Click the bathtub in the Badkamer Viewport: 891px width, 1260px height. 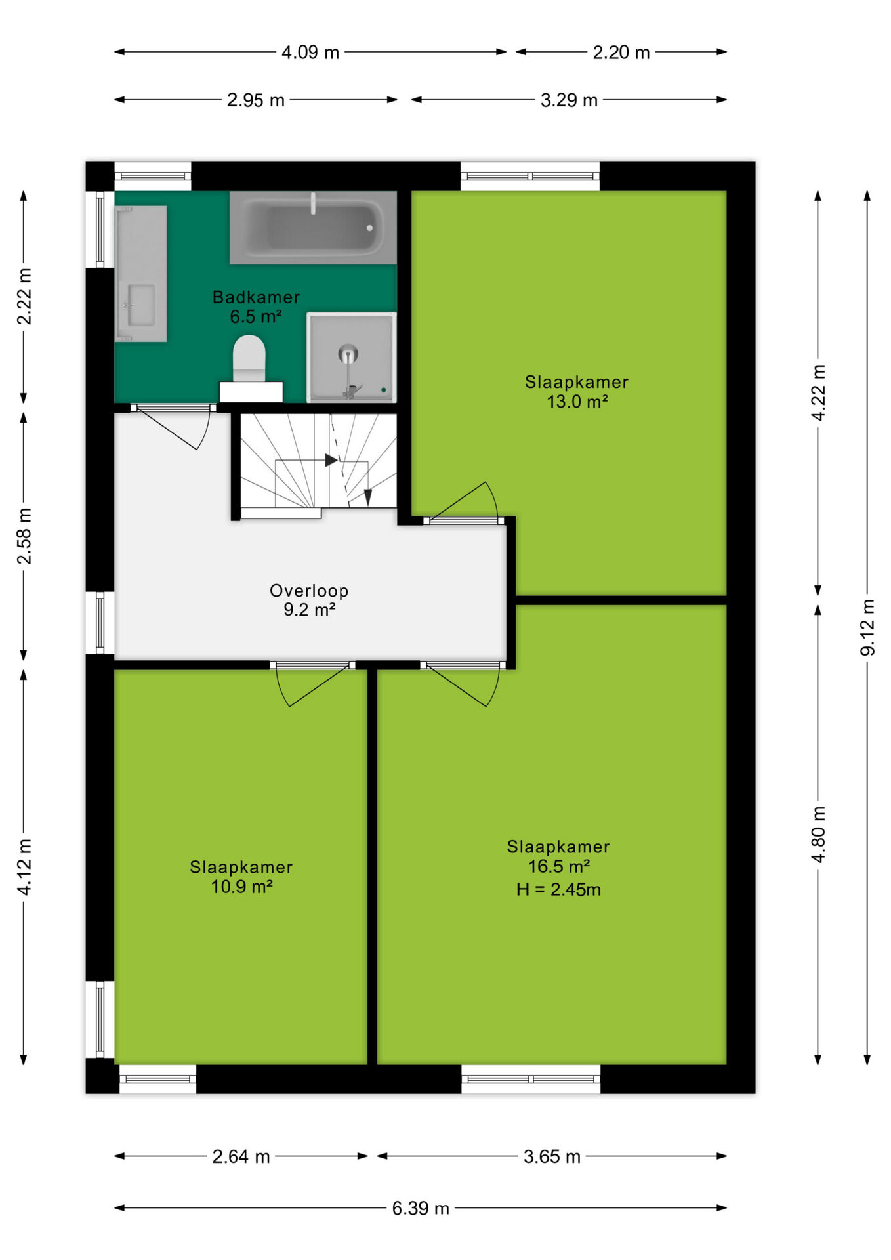click(313, 228)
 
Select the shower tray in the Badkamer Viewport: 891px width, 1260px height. click(352, 357)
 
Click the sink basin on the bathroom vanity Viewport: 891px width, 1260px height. click(141, 304)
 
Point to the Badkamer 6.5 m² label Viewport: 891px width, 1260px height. click(256, 306)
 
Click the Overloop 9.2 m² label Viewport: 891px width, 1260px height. click(309, 600)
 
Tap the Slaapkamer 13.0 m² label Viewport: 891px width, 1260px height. click(577, 391)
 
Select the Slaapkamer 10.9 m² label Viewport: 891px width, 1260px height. click(241, 877)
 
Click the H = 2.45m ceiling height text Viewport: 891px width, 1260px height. click(558, 889)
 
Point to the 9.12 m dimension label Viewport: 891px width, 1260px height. click(867, 627)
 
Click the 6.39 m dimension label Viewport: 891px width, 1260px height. click(421, 1208)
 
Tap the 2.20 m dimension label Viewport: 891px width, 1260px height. click(621, 52)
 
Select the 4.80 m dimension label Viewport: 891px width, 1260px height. click(818, 834)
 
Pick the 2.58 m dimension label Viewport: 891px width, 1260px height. click(24, 535)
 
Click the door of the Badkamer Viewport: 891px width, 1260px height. click(174, 426)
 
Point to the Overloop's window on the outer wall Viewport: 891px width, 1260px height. click(100, 623)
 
